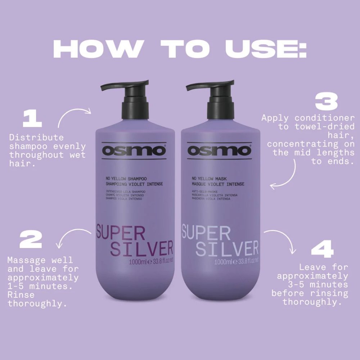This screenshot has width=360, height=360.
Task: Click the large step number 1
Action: (32, 120)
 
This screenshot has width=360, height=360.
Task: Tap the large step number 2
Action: (31, 240)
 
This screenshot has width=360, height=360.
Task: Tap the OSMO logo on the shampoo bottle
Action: (134, 150)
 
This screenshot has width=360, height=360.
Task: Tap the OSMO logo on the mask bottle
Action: (219, 150)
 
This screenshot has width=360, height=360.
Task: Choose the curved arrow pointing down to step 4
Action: (283, 239)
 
